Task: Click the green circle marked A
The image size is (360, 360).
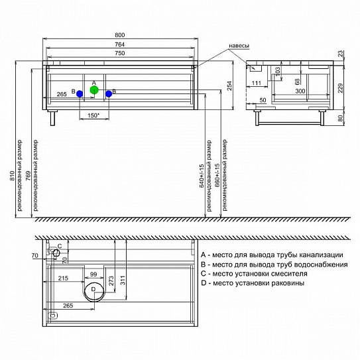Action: point(94,90)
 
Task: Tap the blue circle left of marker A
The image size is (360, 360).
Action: point(80,93)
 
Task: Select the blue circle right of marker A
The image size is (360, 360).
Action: point(109,93)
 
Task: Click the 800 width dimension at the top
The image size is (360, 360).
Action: point(120,35)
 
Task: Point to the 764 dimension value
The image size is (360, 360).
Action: point(120,44)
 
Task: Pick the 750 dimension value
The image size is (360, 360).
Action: point(120,53)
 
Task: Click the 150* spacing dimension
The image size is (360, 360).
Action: point(93,115)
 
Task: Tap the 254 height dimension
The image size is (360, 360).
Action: point(229,86)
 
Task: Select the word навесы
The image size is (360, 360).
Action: point(239,46)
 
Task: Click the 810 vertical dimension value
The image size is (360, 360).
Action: point(12,176)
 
